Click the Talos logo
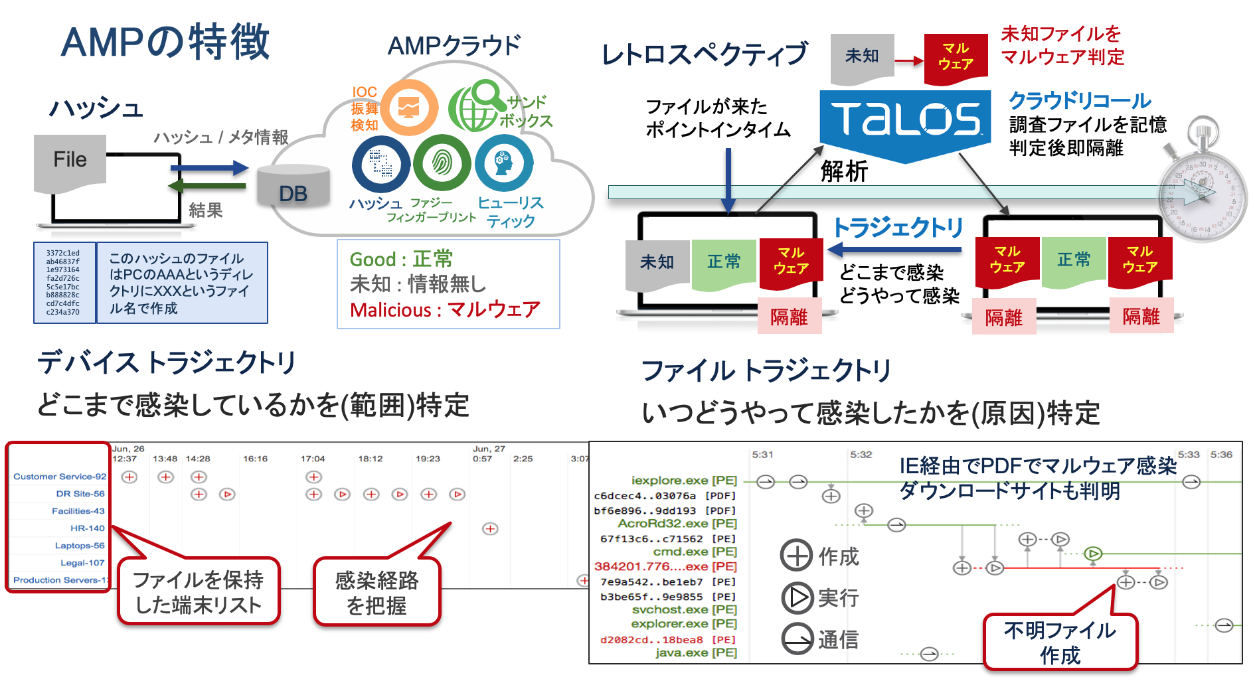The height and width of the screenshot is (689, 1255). click(x=905, y=119)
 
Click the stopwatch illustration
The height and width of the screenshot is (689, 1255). click(x=1201, y=189)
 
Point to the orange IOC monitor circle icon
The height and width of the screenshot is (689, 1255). click(x=408, y=108)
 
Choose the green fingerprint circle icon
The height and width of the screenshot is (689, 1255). click(x=442, y=163)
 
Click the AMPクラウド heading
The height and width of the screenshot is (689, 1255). click(x=454, y=46)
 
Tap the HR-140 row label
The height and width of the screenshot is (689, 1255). click(x=87, y=528)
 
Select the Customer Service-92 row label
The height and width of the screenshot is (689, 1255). click(x=60, y=477)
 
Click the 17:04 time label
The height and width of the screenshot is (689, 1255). click(x=313, y=459)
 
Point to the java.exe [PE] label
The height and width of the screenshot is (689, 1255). click(x=696, y=652)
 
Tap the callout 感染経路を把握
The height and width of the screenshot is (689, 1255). click(x=376, y=593)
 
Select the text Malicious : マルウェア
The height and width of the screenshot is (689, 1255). click(x=445, y=310)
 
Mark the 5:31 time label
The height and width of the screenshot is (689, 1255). click(x=762, y=455)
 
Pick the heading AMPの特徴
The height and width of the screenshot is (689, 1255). click(x=165, y=42)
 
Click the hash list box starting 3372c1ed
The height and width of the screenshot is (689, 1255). click(x=64, y=283)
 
